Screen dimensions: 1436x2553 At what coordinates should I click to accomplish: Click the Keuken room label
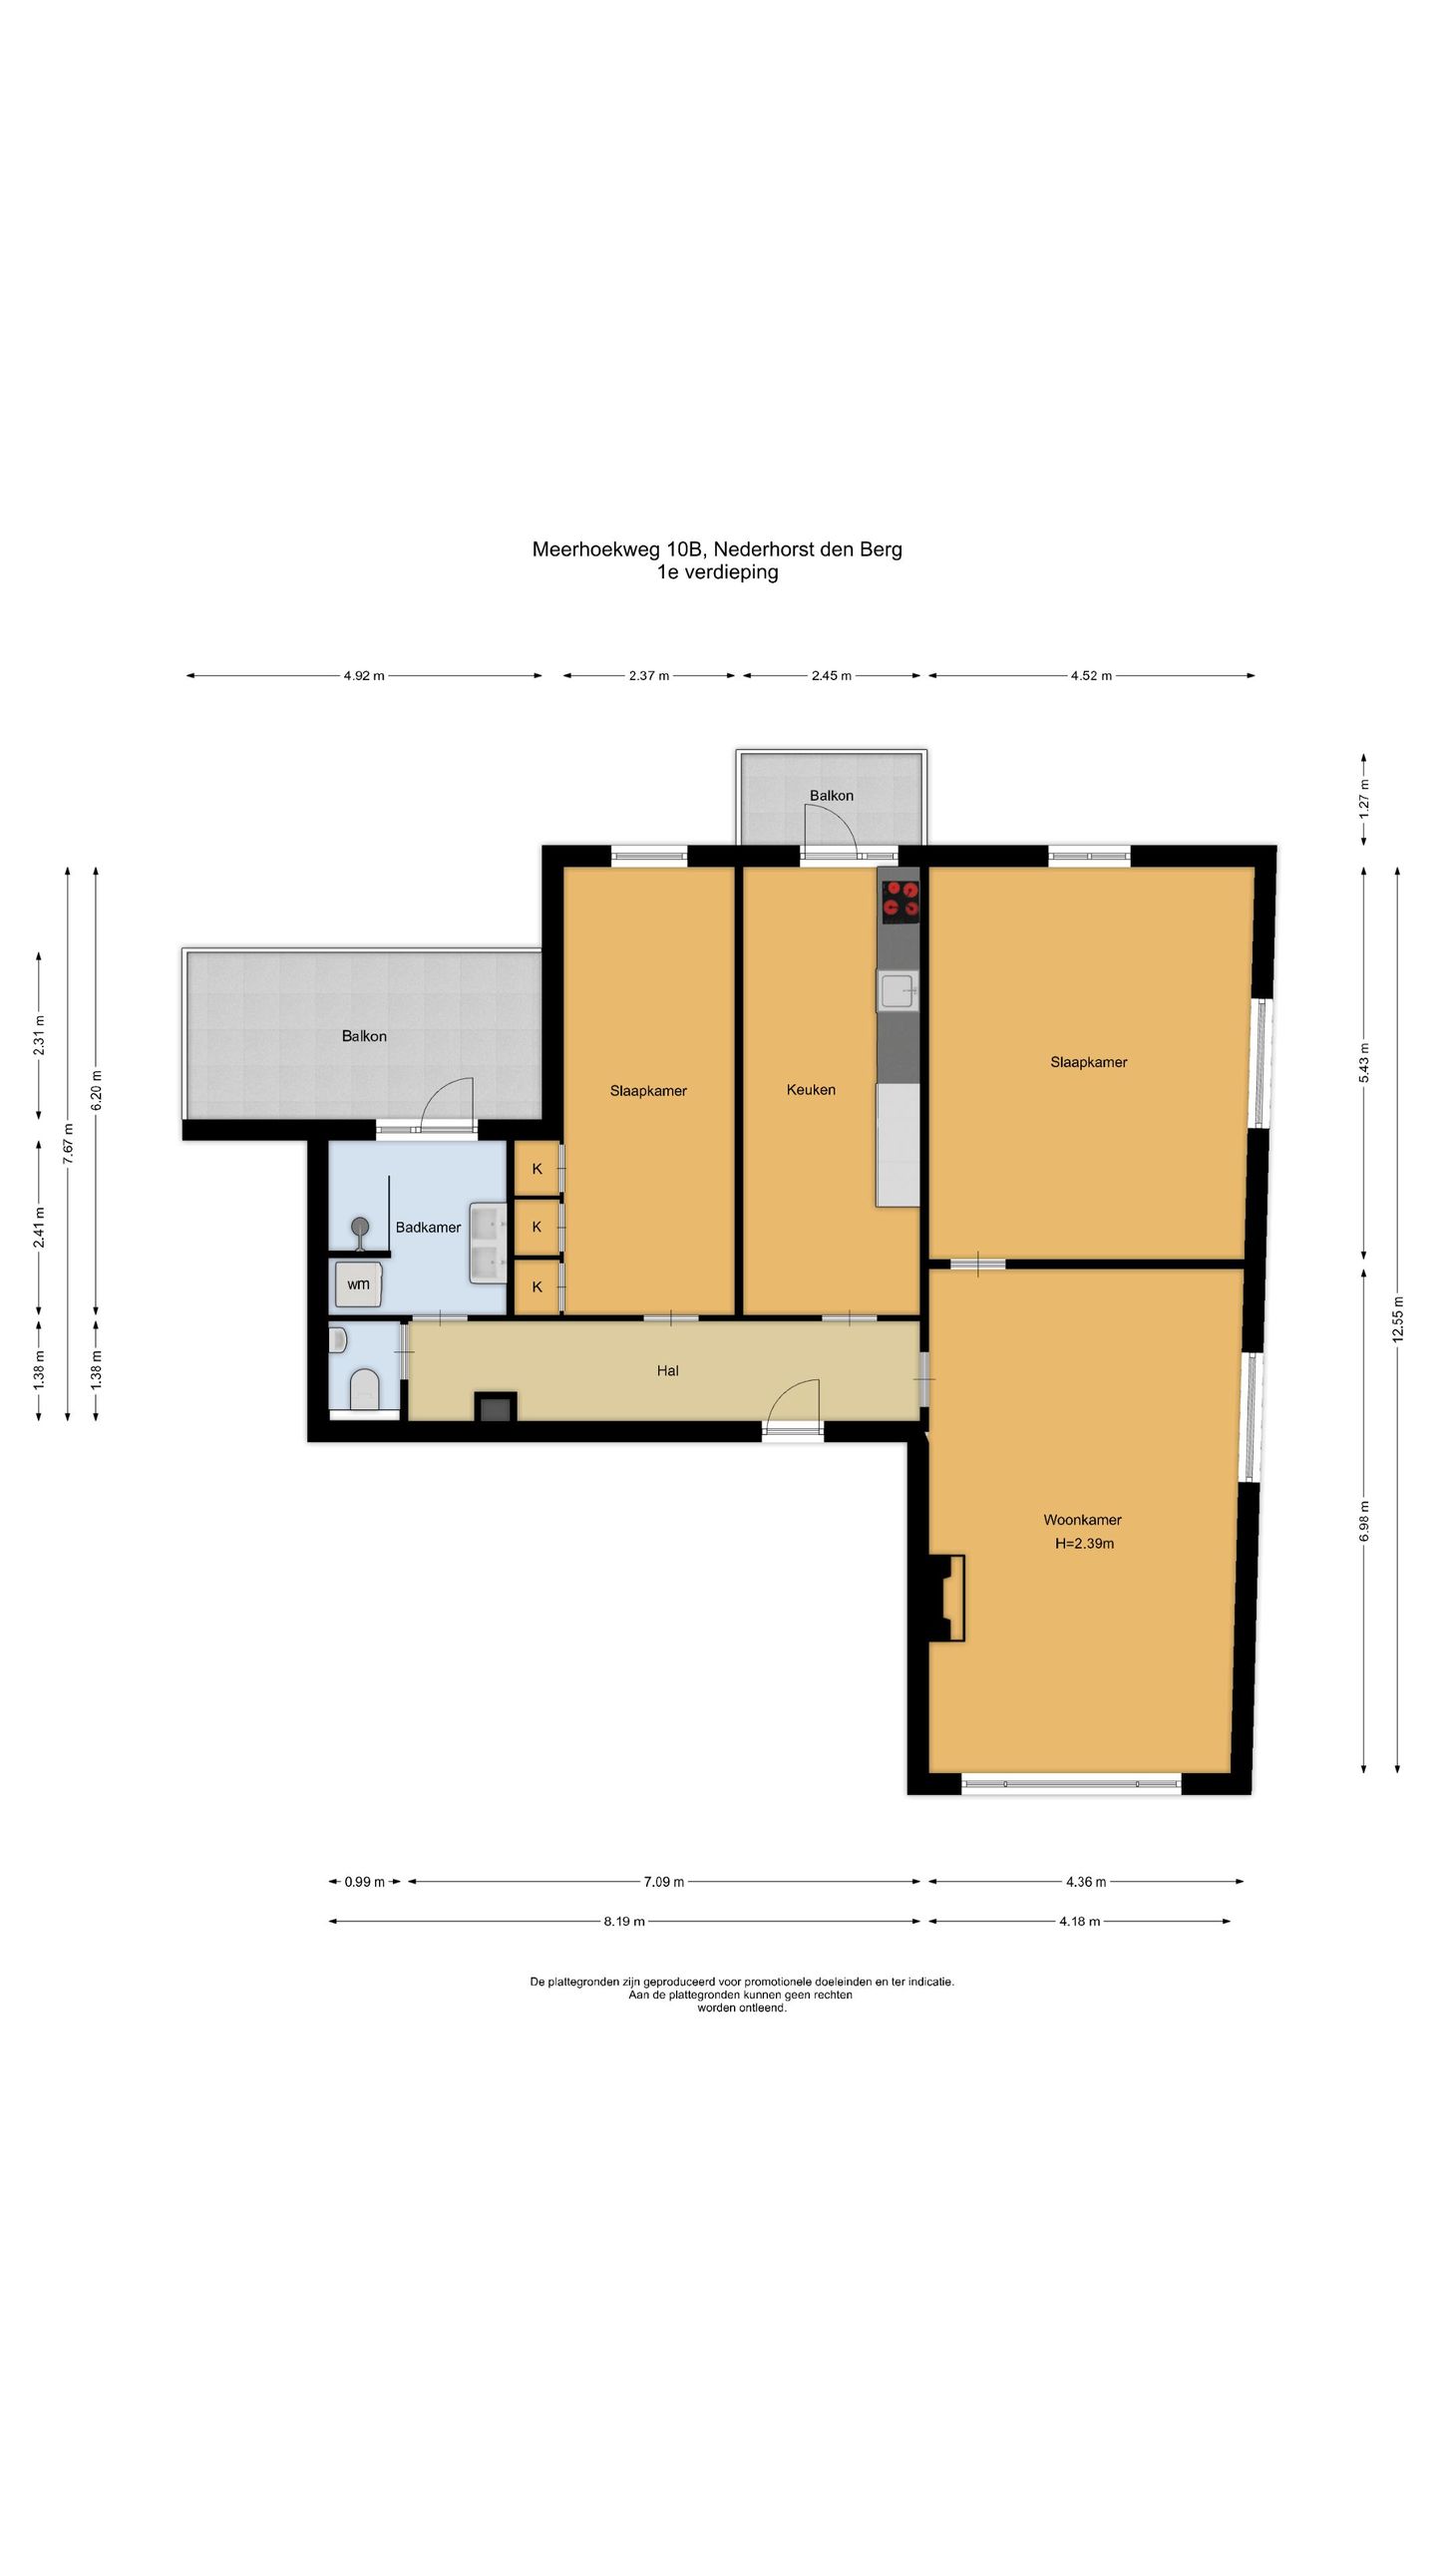[811, 1090]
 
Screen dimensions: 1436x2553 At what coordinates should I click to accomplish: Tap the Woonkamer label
[1082, 1520]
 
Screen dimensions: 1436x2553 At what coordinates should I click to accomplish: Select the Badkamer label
[428, 1228]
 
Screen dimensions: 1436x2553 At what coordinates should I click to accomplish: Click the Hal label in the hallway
[667, 1371]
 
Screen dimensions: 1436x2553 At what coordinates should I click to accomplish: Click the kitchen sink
[897, 990]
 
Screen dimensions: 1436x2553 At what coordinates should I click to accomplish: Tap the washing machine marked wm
[358, 1284]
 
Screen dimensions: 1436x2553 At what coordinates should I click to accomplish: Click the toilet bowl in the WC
[364, 1389]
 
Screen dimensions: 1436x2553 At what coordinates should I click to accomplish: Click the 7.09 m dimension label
[663, 1882]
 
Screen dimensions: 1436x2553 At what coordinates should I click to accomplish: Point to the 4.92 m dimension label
[364, 675]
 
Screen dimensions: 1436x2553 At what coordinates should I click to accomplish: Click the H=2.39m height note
[1084, 1544]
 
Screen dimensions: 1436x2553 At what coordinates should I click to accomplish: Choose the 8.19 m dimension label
[624, 1922]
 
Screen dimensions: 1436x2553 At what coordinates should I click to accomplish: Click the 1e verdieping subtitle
[717, 572]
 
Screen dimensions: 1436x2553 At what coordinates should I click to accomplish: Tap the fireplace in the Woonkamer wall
[948, 1598]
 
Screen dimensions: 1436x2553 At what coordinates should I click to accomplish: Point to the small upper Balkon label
[831, 796]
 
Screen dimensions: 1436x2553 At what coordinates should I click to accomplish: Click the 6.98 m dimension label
[1364, 1520]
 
